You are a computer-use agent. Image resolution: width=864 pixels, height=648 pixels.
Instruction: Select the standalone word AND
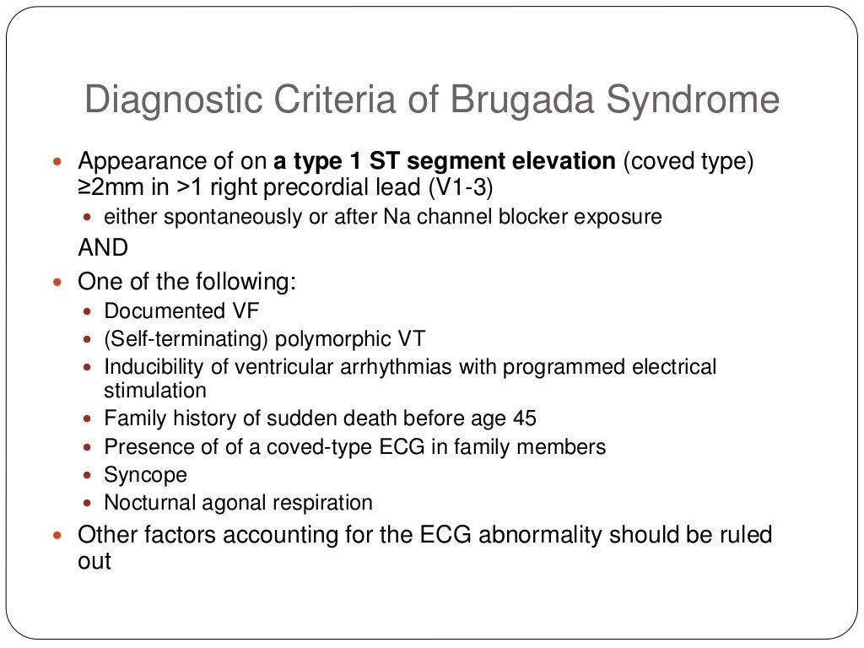pyautogui.click(x=103, y=248)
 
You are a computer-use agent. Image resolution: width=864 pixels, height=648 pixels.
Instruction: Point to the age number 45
pyautogui.click(x=523, y=418)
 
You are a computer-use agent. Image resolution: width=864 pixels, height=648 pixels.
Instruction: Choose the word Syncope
pyautogui.click(x=145, y=474)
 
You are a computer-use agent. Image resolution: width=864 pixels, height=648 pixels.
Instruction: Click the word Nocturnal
pyautogui.click(x=153, y=503)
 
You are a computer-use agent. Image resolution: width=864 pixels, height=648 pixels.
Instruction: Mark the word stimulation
pyautogui.click(x=155, y=391)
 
